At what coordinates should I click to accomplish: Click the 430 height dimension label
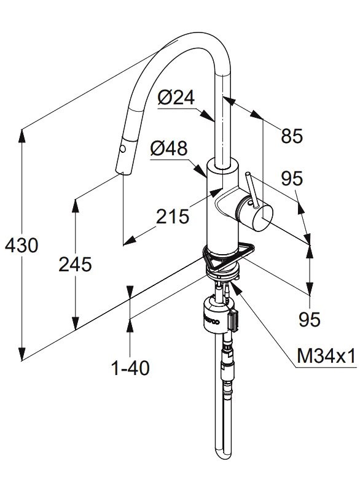[22, 245]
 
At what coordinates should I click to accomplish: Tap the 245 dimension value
[75, 264]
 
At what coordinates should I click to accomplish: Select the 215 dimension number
[173, 217]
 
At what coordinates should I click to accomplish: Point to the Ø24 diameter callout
[176, 98]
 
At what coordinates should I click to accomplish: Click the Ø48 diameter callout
[169, 149]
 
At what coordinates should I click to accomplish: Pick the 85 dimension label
[292, 136]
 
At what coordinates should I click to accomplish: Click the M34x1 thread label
[326, 356]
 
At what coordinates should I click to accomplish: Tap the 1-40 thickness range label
[130, 368]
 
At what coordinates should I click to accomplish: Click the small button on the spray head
[122, 149]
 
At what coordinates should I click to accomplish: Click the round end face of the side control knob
[262, 218]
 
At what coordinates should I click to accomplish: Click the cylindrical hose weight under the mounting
[216, 316]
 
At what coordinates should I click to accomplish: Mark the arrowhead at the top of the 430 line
[22, 136]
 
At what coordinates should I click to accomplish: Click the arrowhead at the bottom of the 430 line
[22, 355]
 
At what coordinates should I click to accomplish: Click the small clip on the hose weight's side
[233, 320]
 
